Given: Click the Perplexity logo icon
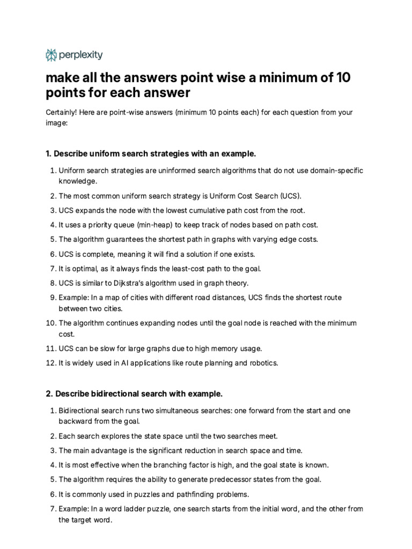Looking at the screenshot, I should tap(51, 55).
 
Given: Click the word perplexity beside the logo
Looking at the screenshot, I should tap(81, 55).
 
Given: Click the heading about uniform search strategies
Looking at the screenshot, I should tap(151, 154).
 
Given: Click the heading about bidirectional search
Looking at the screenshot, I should tap(134, 394).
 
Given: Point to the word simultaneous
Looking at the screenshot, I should tap(177, 410).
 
